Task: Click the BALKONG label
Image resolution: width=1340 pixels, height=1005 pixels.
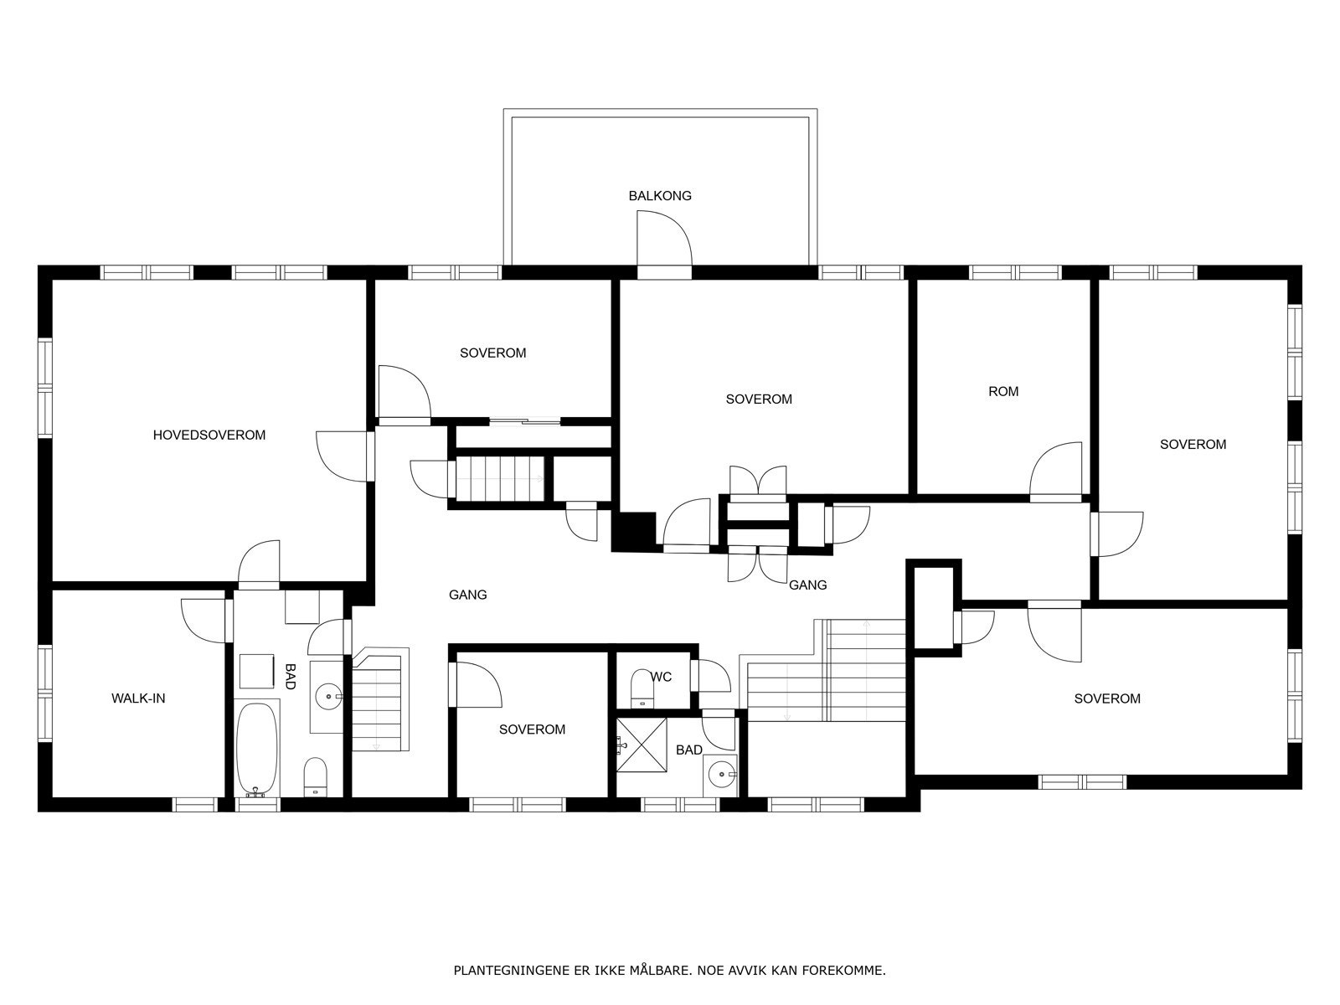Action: click(660, 196)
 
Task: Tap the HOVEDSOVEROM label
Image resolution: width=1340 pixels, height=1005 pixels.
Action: click(209, 435)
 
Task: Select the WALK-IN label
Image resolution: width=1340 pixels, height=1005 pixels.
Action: click(138, 698)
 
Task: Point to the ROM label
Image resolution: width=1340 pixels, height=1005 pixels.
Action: click(1003, 392)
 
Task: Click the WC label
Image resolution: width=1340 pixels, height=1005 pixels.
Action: click(661, 677)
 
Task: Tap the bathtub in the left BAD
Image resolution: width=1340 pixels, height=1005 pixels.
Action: click(257, 750)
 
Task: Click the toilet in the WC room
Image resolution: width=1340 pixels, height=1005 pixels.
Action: click(642, 688)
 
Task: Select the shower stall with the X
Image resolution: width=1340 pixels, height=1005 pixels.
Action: click(642, 745)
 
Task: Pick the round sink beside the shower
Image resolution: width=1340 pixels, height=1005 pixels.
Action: click(720, 775)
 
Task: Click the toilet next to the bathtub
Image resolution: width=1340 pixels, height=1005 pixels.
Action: click(315, 777)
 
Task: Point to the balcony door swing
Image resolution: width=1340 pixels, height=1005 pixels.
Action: click(664, 238)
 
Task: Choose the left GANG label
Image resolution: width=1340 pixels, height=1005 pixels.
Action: click(467, 595)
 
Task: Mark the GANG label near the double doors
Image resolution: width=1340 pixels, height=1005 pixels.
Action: click(807, 585)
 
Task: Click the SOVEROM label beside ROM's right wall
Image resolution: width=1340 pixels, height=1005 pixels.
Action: click(1193, 445)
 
